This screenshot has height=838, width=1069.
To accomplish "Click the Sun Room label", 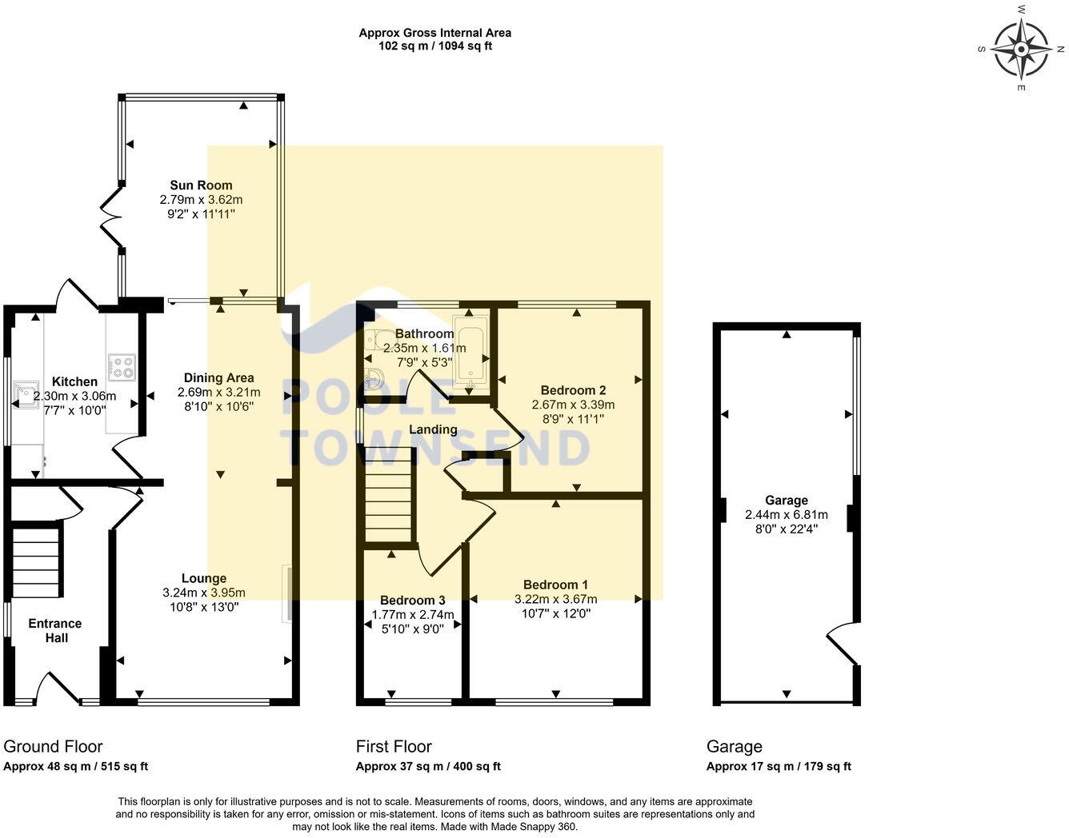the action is [x=201, y=186].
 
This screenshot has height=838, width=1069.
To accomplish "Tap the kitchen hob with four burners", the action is [x=122, y=367].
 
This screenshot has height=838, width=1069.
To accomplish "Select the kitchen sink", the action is [x=26, y=394].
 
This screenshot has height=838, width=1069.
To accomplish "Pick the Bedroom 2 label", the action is [x=573, y=390].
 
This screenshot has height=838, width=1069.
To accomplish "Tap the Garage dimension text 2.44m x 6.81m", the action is [x=786, y=515].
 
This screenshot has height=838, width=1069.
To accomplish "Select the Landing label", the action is [x=433, y=429].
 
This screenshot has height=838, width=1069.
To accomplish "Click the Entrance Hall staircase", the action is [x=36, y=562].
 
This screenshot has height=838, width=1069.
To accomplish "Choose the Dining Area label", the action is [x=219, y=378].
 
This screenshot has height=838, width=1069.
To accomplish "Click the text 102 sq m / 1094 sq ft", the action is [x=434, y=46].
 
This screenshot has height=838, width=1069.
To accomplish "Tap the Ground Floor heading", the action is [x=53, y=747].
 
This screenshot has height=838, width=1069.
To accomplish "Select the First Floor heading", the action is [x=394, y=747].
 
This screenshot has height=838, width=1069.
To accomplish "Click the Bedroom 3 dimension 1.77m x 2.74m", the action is [x=413, y=615].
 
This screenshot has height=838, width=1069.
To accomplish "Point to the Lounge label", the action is [x=204, y=578].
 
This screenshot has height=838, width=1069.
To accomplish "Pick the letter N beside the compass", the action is [x=1061, y=49].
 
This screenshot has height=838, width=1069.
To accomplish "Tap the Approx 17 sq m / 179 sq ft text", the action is [x=779, y=766].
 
